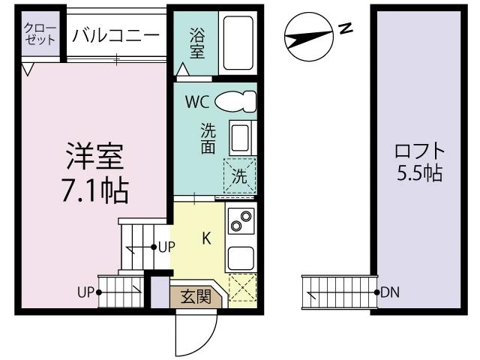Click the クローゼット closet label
click(40, 34)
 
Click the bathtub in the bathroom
click(238, 43)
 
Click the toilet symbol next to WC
click(235, 100)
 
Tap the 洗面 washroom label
click(208, 138)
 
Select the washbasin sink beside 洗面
click(239, 139)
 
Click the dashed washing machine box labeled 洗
click(240, 178)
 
